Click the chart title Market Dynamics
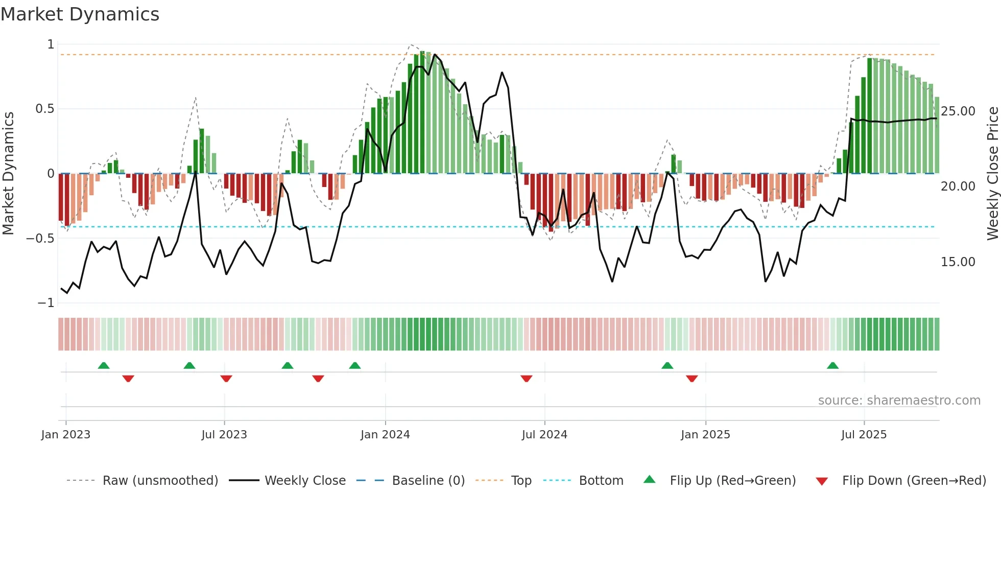[x=80, y=14]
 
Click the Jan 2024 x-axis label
[x=385, y=435]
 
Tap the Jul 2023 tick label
[x=224, y=435]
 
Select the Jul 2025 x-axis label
[x=864, y=435]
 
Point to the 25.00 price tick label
[x=958, y=111]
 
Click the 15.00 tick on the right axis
[x=958, y=262]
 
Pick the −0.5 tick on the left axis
[x=40, y=238]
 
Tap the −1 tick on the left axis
[x=45, y=303]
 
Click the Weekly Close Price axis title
[x=992, y=173]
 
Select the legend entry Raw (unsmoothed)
[x=160, y=481]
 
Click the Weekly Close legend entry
[x=305, y=481]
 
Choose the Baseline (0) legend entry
[x=428, y=481]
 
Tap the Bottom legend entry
[x=601, y=481]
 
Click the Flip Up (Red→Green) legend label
[x=733, y=481]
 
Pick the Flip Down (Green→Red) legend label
[x=914, y=481]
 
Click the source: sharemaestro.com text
[x=899, y=401]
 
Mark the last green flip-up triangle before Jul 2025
[x=832, y=366]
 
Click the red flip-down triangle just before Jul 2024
[x=527, y=379]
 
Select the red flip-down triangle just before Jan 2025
[x=692, y=379]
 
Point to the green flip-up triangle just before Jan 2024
[x=355, y=366]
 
